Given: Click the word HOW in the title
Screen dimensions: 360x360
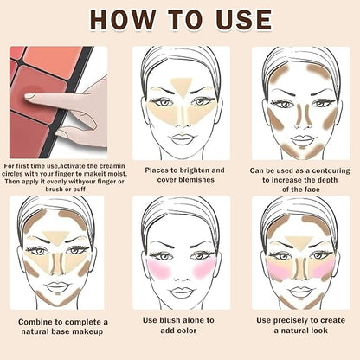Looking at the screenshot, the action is click(x=122, y=20).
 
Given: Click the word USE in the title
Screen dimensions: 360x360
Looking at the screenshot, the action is click(x=244, y=20).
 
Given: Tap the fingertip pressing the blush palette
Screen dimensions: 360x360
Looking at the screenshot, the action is click(x=29, y=96).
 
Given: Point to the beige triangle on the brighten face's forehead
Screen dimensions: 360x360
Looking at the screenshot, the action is click(x=182, y=87).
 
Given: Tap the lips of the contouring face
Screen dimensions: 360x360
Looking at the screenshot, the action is click(x=302, y=140).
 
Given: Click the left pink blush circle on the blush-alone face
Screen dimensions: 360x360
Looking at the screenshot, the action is click(x=159, y=269).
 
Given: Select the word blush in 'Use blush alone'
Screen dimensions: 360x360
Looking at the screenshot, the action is click(x=170, y=320).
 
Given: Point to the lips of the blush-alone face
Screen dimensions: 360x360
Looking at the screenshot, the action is click(x=181, y=292).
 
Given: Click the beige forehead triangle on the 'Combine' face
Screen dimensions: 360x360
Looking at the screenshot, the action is click(x=57, y=238).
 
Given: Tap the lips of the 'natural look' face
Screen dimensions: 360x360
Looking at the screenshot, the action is click(x=300, y=292).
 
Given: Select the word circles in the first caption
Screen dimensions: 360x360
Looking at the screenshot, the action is click(x=12, y=174).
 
